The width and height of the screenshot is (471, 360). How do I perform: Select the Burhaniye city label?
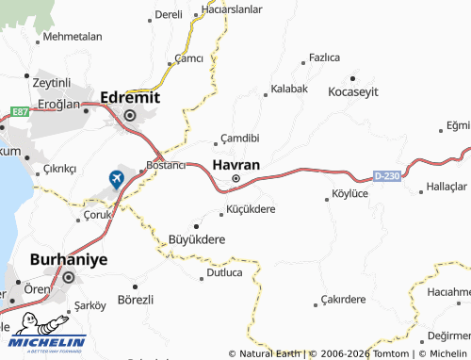pyautogui.click(x=69, y=258)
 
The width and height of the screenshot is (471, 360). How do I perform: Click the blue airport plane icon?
pyautogui.click(x=117, y=177)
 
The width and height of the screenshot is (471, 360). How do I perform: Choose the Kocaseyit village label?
pyautogui.click(x=352, y=91)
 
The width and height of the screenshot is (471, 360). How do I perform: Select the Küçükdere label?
pyautogui.click(x=252, y=209)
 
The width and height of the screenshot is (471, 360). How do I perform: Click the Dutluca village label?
pyautogui.click(x=223, y=273)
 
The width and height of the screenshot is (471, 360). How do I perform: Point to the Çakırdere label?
pyautogui.click(x=342, y=300)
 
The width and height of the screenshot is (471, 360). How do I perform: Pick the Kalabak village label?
pyautogui.click(x=289, y=89)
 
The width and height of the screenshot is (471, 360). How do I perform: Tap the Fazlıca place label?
pyautogui.click(x=324, y=57)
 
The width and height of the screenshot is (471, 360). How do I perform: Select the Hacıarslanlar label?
pyautogui.click(x=232, y=9)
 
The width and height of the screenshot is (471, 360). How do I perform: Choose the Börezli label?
pyautogui.click(x=136, y=299)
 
